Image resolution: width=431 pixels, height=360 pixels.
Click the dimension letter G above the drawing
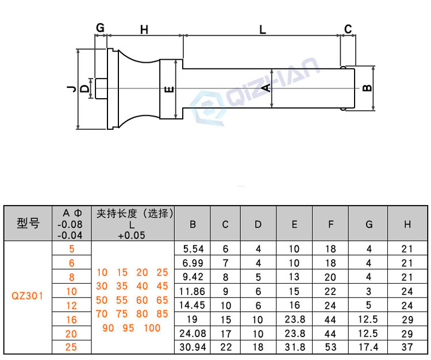[101, 28]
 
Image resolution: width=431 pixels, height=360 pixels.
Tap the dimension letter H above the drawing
[144, 30]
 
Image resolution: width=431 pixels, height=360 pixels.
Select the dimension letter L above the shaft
[263, 29]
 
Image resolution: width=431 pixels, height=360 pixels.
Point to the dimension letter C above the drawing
[348, 29]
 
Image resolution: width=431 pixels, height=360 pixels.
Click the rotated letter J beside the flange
[71, 88]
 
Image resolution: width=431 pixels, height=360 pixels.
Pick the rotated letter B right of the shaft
[368, 88]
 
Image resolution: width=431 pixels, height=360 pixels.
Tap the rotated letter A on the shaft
[266, 88]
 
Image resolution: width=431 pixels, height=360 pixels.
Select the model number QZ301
[27, 296]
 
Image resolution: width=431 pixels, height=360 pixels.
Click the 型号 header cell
[28, 223]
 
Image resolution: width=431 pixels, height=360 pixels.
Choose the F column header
[330, 224]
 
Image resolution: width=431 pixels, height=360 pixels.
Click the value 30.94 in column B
[193, 347]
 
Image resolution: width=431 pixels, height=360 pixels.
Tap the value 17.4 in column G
[368, 347]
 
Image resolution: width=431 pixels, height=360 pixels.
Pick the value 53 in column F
[330, 347]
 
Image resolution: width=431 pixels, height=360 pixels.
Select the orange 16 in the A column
[71, 320]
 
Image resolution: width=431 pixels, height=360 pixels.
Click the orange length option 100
[152, 328]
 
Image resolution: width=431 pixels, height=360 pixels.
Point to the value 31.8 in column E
[295, 347]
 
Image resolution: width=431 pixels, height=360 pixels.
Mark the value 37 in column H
[407, 347]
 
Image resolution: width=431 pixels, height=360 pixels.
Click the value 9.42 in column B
[193, 277]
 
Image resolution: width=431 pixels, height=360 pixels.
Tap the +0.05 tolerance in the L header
[132, 235]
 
